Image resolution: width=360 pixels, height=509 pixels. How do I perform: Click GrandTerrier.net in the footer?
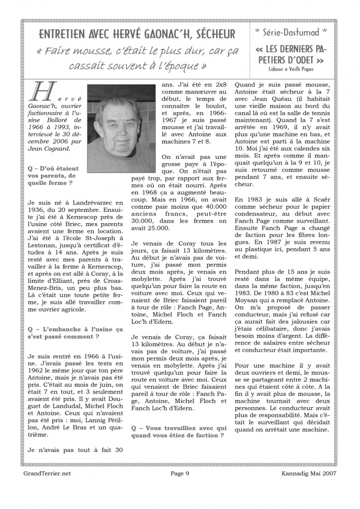(x=47, y=474)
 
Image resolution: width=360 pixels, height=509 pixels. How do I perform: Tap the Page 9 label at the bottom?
(x=180, y=474)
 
